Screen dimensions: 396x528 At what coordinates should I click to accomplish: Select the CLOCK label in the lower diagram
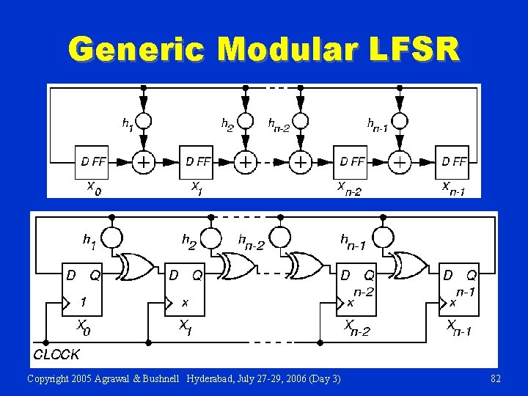pyautogui.click(x=56, y=354)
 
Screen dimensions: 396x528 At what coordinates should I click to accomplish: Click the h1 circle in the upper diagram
pyautogui.click(x=144, y=121)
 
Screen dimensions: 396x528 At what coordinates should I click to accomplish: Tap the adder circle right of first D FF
pyautogui.click(x=144, y=161)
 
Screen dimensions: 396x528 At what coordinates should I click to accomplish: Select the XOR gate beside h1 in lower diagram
pyautogui.click(x=136, y=267)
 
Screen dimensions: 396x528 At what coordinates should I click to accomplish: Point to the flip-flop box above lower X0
pyautogui.click(x=84, y=290)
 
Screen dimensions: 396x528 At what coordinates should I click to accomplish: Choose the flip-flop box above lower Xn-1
pyautogui.click(x=459, y=290)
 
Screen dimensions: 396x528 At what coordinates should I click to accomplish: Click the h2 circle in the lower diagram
pyautogui.click(x=212, y=238)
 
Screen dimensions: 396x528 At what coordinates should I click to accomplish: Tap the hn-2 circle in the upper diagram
pyautogui.click(x=300, y=121)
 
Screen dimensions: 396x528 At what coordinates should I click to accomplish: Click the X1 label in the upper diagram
pyautogui.click(x=197, y=188)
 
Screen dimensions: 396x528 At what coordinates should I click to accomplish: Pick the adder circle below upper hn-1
pyautogui.click(x=399, y=161)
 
